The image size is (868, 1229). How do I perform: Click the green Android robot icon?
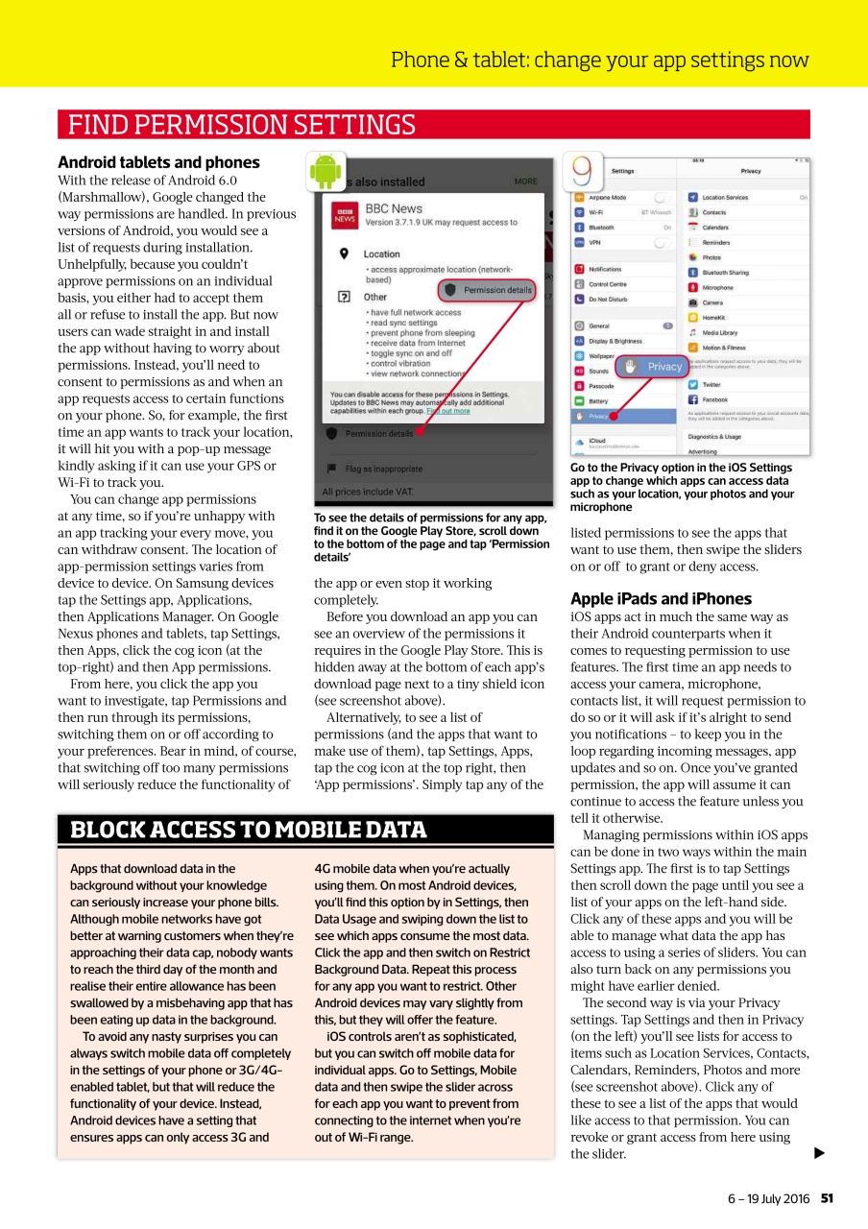click(325, 171)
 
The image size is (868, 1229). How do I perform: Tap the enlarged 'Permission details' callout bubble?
click(488, 290)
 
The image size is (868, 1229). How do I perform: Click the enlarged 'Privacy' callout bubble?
click(653, 366)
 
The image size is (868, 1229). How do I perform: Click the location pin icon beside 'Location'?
click(343, 253)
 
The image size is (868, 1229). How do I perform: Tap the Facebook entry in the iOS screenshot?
click(714, 399)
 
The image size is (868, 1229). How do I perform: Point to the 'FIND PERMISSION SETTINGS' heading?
click(240, 125)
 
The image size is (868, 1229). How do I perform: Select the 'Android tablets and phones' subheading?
click(158, 162)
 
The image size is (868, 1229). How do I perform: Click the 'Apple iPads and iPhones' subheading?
click(661, 599)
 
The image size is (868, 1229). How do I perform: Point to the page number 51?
click(827, 1197)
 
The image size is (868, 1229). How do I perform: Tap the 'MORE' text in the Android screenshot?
click(525, 181)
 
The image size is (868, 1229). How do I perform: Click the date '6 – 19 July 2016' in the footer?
click(768, 1197)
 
